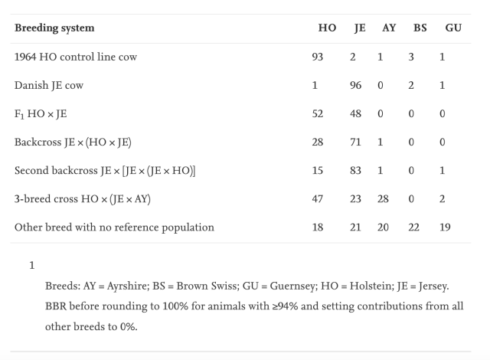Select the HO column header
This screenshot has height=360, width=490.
[327, 28]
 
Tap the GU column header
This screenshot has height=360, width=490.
[452, 28]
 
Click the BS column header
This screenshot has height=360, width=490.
[420, 28]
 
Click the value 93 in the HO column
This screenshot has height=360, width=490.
[330, 57]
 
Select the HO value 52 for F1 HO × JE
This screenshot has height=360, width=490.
[330, 113]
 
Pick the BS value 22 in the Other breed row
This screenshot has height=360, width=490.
[418, 227]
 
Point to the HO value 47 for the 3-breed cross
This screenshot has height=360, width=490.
[330, 198]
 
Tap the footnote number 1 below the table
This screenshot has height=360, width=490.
[32, 265]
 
